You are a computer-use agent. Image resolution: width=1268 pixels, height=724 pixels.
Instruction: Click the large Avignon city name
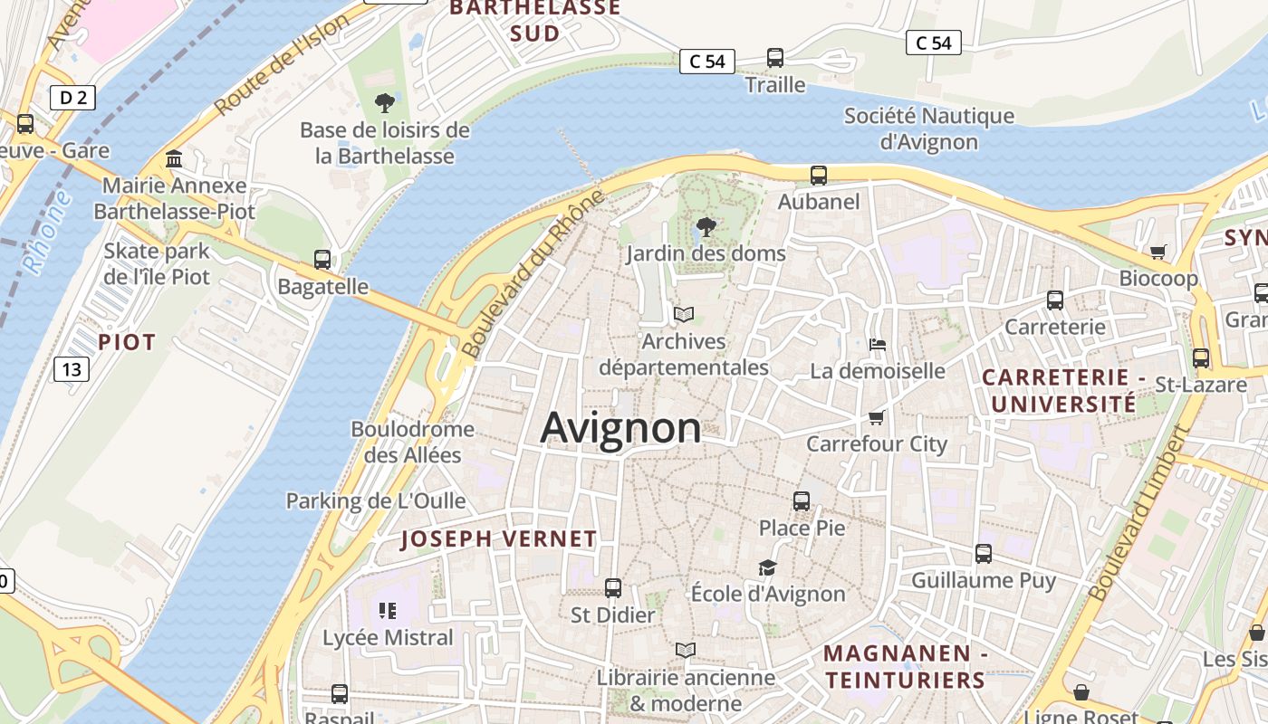tap(620, 428)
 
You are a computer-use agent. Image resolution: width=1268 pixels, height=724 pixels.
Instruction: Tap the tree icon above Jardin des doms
tap(706, 227)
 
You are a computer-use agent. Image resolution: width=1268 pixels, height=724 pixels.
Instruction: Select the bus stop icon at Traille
tap(775, 58)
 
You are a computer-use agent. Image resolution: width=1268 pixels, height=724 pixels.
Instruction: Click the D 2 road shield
tap(72, 98)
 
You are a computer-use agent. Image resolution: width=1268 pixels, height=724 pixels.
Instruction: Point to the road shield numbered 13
tap(72, 369)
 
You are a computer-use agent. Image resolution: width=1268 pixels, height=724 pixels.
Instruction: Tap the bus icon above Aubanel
tap(819, 176)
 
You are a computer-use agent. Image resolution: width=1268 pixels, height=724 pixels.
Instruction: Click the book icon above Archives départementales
tap(684, 315)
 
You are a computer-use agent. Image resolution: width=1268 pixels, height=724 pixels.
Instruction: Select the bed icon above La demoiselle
tap(877, 345)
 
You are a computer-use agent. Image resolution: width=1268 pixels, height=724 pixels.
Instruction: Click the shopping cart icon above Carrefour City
tap(876, 417)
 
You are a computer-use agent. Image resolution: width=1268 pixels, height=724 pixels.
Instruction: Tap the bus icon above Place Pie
tap(802, 500)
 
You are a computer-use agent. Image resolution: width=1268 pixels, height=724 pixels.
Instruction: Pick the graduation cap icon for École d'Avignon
tap(767, 567)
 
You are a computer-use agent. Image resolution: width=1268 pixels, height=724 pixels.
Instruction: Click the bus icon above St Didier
tap(613, 588)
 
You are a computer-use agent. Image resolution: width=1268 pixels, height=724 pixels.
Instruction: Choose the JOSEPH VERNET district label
tap(498, 539)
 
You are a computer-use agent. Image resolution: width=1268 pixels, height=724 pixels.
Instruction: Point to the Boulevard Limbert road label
tap(1138, 514)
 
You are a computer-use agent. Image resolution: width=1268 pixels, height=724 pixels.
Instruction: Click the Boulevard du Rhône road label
tap(531, 273)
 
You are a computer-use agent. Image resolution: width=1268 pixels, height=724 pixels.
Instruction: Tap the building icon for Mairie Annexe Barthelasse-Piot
tap(174, 160)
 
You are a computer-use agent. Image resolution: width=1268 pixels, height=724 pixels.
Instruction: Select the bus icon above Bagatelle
tap(322, 260)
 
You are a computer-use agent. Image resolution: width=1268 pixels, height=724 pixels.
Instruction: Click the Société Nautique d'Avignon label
tap(929, 129)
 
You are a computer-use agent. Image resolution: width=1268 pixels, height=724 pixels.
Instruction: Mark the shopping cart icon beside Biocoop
tap(1158, 252)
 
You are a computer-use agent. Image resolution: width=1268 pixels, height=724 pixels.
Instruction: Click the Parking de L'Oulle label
tap(376, 500)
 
